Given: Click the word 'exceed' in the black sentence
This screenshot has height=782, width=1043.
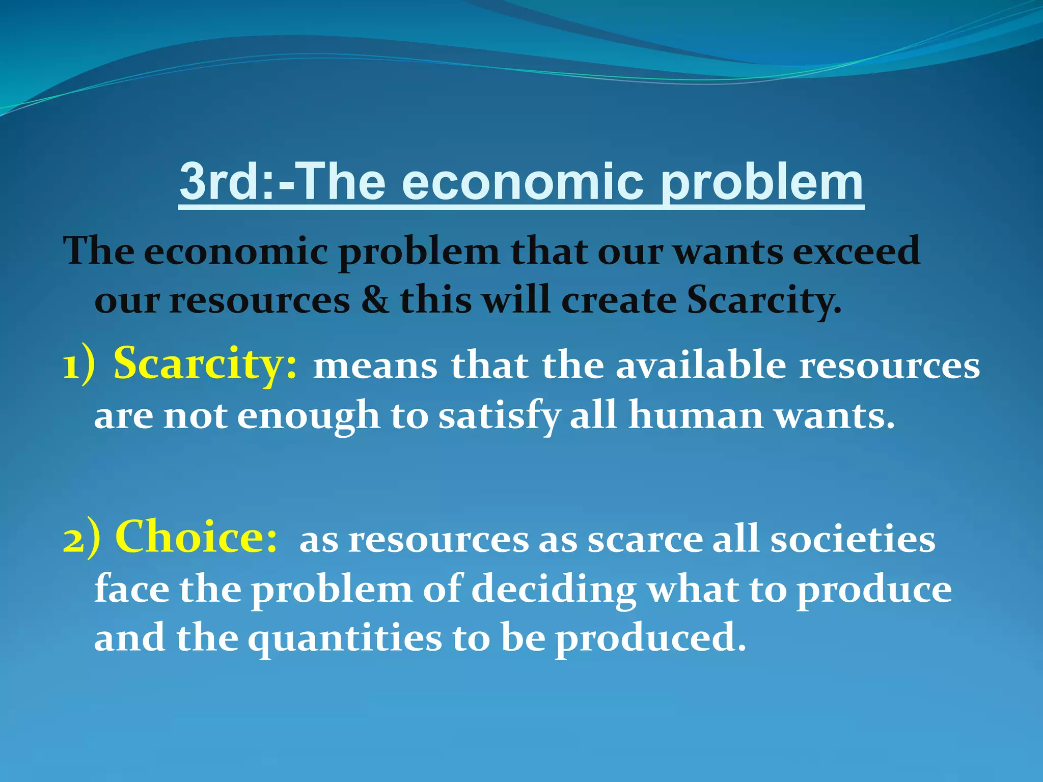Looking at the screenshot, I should pos(856,252).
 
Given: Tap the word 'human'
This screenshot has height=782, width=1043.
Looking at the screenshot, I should pos(696,415).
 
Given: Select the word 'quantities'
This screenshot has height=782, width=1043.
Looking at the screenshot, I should pos(345,639).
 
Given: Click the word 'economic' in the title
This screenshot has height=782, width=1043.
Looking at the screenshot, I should pos(523,182).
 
